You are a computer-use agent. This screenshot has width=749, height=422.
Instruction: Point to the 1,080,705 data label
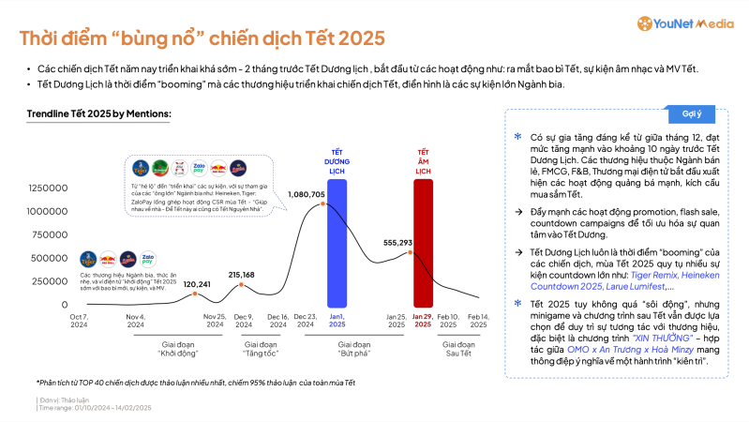click(x=306, y=194)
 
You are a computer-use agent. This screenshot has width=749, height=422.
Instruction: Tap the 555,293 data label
click(x=398, y=242)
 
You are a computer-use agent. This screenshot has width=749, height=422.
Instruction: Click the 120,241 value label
click(x=196, y=283)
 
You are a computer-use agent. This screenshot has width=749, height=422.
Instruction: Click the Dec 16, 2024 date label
click(x=277, y=322)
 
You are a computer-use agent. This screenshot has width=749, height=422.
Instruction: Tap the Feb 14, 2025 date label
click(x=479, y=322)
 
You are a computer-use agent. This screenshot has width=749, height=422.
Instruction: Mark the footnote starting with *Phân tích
click(x=196, y=383)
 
